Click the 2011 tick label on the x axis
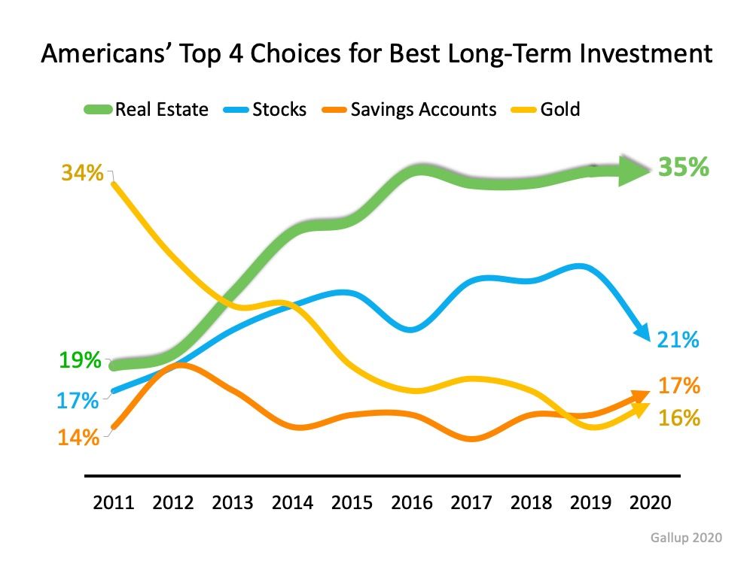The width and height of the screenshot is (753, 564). click(113, 502)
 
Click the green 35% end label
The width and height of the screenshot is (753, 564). click(683, 167)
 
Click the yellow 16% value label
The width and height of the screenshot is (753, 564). click(680, 418)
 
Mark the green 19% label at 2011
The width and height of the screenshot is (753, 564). click(80, 360)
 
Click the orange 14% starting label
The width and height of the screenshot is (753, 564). click(78, 437)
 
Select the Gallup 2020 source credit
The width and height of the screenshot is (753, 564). click(686, 538)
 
